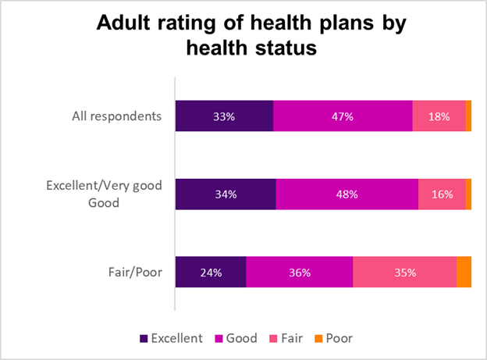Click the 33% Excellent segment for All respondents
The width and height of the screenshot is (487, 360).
pyautogui.click(x=224, y=116)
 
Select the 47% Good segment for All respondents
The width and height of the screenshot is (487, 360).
pyautogui.click(x=343, y=116)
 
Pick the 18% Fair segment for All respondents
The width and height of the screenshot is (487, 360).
pyautogui.click(x=439, y=116)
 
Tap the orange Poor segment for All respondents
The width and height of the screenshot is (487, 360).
pyautogui.click(x=468, y=116)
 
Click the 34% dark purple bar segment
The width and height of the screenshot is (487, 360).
pyautogui.click(x=226, y=194)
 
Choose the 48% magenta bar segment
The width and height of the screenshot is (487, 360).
pyautogui.click(x=347, y=194)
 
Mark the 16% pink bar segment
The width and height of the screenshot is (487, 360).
pyautogui.click(x=442, y=194)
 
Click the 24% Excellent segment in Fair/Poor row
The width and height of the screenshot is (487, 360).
pyautogui.click(x=211, y=273)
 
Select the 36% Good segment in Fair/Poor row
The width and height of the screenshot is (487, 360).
pyautogui.click(x=299, y=273)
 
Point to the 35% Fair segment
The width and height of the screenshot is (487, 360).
pyautogui.click(x=404, y=273)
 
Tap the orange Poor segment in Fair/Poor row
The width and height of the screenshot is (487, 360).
pyautogui.click(x=464, y=273)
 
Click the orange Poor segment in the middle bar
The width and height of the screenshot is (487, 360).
pyautogui.click(x=468, y=194)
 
